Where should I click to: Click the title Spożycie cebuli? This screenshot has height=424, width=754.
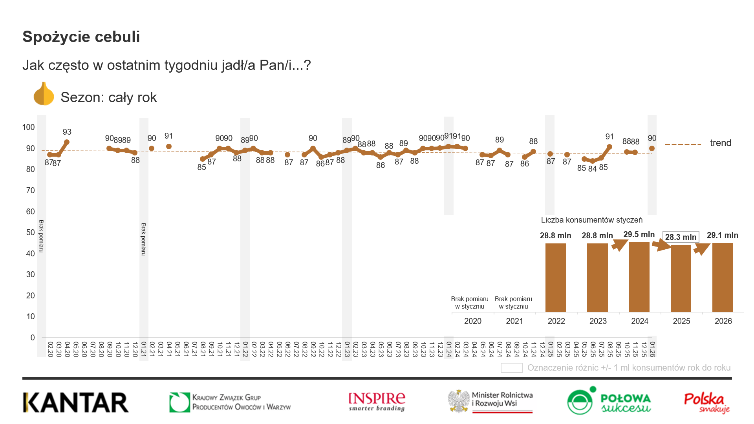(x=81, y=37)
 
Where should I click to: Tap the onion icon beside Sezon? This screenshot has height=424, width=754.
(x=44, y=94)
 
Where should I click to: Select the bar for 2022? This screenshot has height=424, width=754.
(x=555, y=277)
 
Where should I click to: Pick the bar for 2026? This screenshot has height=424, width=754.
(x=722, y=277)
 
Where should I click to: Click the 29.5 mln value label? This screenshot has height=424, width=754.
(x=639, y=235)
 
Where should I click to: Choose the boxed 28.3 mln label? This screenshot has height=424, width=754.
(x=681, y=237)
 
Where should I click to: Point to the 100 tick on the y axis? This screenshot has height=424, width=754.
(x=28, y=127)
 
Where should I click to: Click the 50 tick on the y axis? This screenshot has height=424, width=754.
(x=30, y=232)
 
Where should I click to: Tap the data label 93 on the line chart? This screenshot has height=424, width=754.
(x=67, y=132)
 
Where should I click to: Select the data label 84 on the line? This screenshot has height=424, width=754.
(x=592, y=169)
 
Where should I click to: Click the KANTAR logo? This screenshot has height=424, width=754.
(x=76, y=403)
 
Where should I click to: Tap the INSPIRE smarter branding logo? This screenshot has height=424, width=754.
(x=377, y=402)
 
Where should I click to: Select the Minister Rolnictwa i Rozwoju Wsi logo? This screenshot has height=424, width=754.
(x=490, y=401)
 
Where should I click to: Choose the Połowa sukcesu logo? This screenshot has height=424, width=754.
(x=609, y=401)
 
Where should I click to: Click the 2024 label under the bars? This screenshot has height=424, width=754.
(x=639, y=321)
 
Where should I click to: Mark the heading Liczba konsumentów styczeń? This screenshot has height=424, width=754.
(x=591, y=220)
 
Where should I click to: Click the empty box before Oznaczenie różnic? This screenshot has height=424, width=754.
(x=511, y=368)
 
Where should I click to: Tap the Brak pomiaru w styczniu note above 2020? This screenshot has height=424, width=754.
(x=470, y=303)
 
